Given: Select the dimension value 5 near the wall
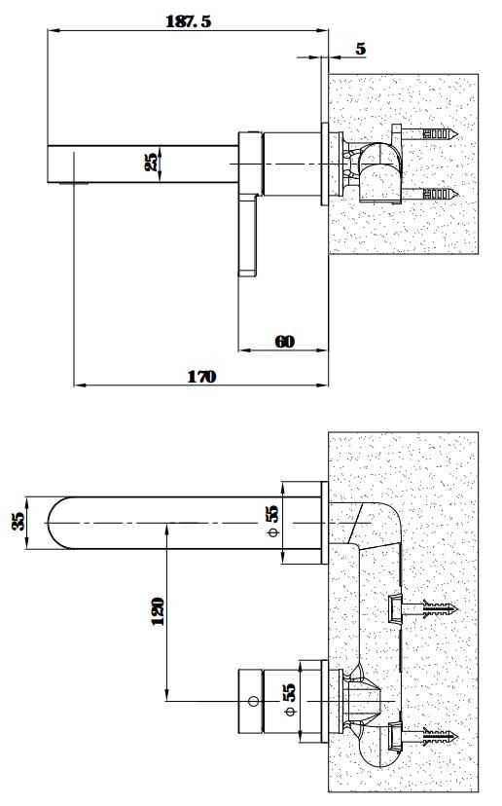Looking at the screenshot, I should (361, 48).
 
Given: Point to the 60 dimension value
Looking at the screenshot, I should (284, 342).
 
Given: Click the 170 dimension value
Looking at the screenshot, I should (200, 376).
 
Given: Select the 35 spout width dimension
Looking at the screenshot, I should (18, 523).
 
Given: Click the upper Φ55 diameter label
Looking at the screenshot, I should (273, 522).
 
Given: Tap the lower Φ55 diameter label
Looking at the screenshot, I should (289, 699).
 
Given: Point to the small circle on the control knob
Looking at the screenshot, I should (252, 701).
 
